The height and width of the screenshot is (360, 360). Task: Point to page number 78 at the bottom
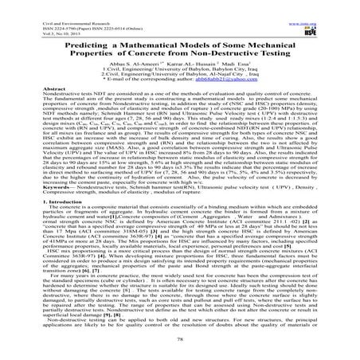179,348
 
